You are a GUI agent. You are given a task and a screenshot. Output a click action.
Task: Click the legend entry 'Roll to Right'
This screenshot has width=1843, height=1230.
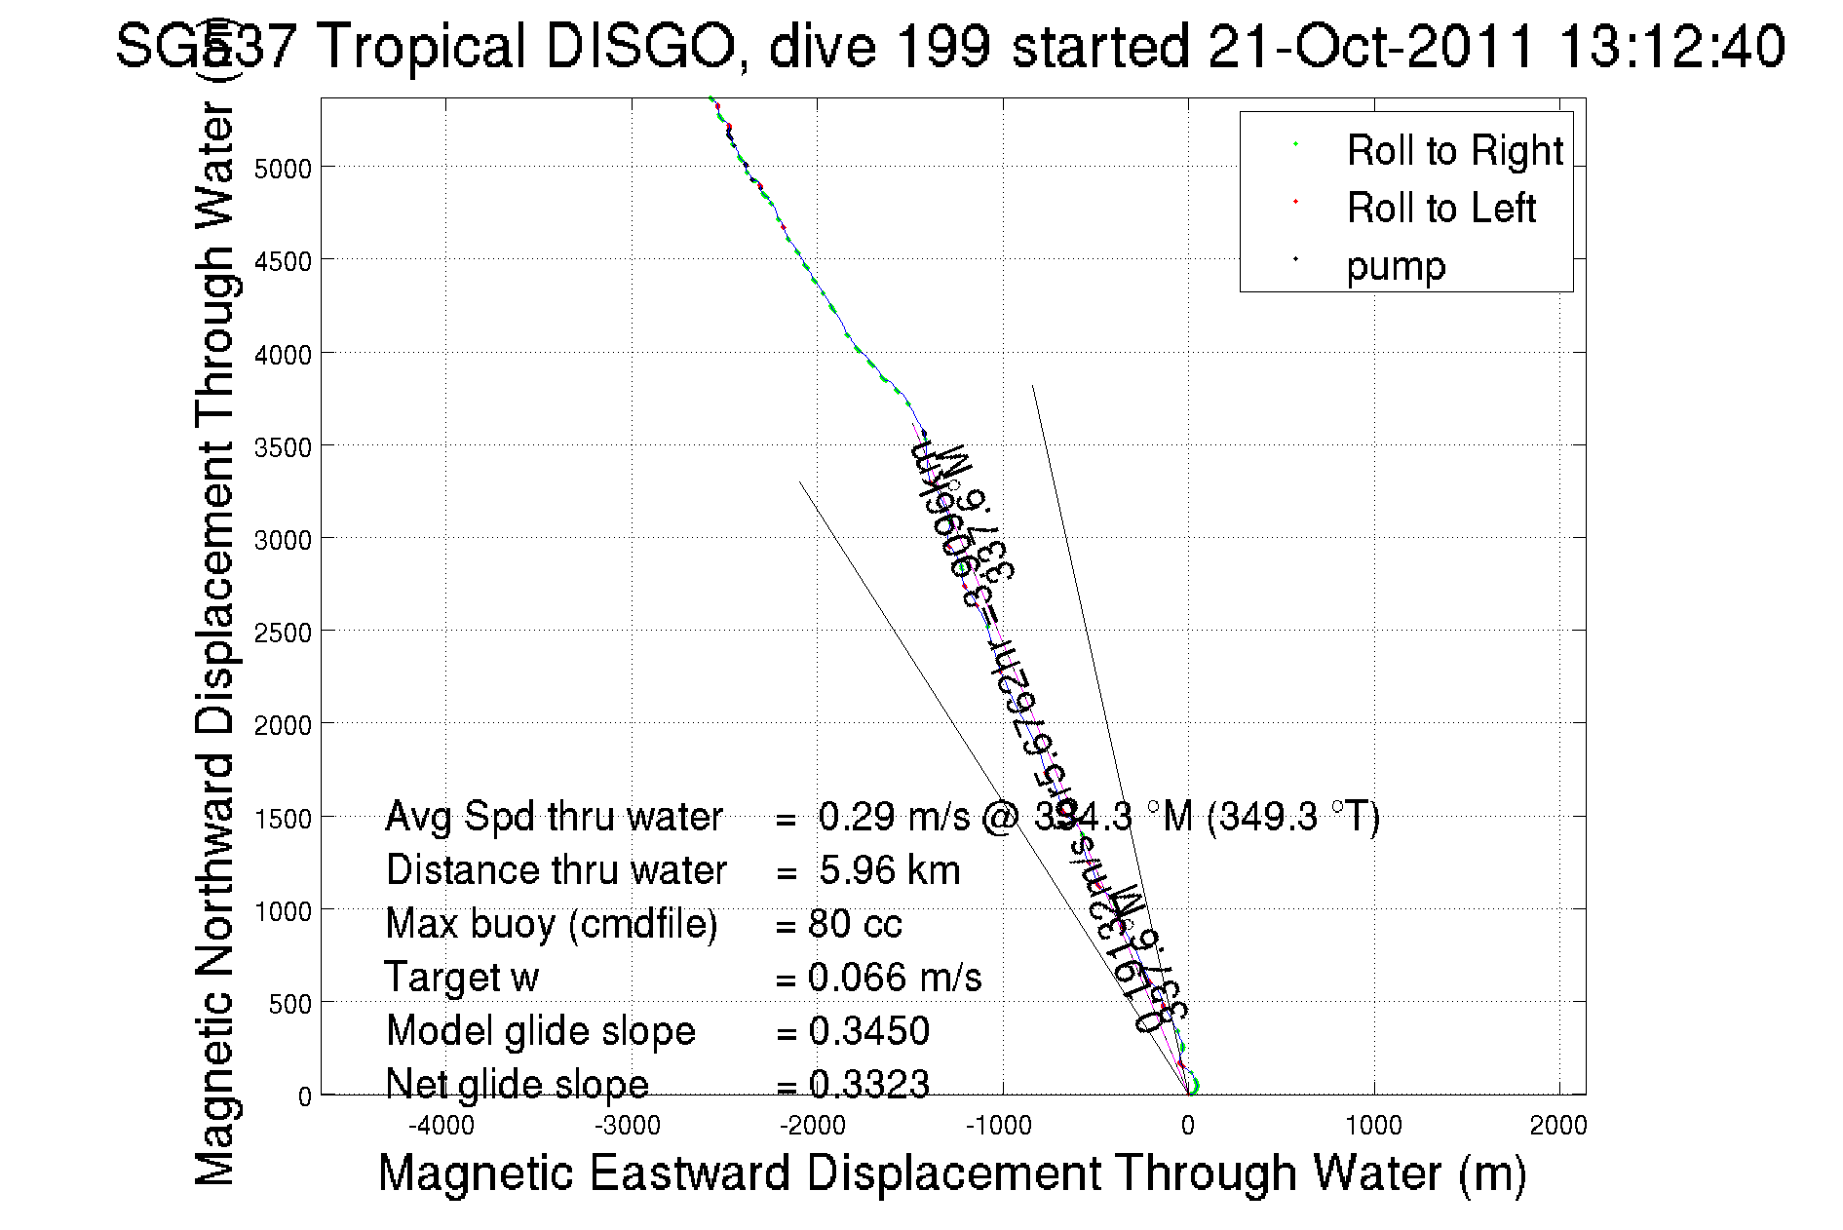(x=1454, y=151)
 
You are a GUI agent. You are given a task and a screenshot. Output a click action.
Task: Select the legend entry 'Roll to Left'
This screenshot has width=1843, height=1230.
(x=1440, y=209)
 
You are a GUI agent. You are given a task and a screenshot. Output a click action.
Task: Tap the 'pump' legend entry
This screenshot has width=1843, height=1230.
(x=1396, y=266)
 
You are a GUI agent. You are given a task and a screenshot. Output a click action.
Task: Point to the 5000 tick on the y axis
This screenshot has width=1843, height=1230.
(x=282, y=169)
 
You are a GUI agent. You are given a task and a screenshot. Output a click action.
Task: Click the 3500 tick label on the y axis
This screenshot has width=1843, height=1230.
(x=282, y=447)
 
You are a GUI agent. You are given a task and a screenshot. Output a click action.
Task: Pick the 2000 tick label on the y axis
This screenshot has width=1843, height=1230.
(x=282, y=725)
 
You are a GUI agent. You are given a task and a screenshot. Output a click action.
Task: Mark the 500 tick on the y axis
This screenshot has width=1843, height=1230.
(x=289, y=1004)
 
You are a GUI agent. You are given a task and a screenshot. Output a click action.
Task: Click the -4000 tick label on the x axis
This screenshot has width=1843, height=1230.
(x=442, y=1127)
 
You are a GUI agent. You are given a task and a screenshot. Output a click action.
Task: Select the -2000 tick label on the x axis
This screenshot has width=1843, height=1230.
(x=813, y=1127)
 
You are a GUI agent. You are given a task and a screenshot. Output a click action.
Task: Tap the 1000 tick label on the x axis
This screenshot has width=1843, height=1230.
(x=1373, y=1127)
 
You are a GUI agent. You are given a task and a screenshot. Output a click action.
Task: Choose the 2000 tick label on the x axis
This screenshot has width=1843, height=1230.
(x=1558, y=1127)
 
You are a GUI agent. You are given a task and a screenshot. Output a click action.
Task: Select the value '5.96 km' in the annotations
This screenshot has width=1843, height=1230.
(x=889, y=870)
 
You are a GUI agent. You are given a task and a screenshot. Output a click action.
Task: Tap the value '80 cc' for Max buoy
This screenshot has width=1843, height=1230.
(x=855, y=924)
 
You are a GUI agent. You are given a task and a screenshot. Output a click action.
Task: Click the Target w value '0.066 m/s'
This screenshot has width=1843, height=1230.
(x=895, y=978)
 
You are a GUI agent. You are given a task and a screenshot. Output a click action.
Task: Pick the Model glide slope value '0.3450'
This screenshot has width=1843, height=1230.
(x=868, y=1031)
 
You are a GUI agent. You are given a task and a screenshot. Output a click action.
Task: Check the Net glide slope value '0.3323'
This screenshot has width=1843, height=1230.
(x=868, y=1084)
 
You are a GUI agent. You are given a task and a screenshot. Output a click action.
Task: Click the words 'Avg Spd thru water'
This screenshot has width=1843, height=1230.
(x=554, y=817)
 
